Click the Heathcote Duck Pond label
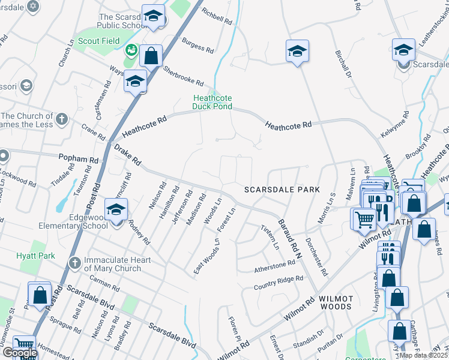[212, 102]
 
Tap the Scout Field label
[99, 41]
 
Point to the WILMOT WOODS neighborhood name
[335, 302]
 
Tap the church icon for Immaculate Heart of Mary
[74, 262]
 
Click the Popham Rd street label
[78, 160]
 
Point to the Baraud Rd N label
[288, 239]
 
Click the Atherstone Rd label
[274, 264]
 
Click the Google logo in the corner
[19, 353]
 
